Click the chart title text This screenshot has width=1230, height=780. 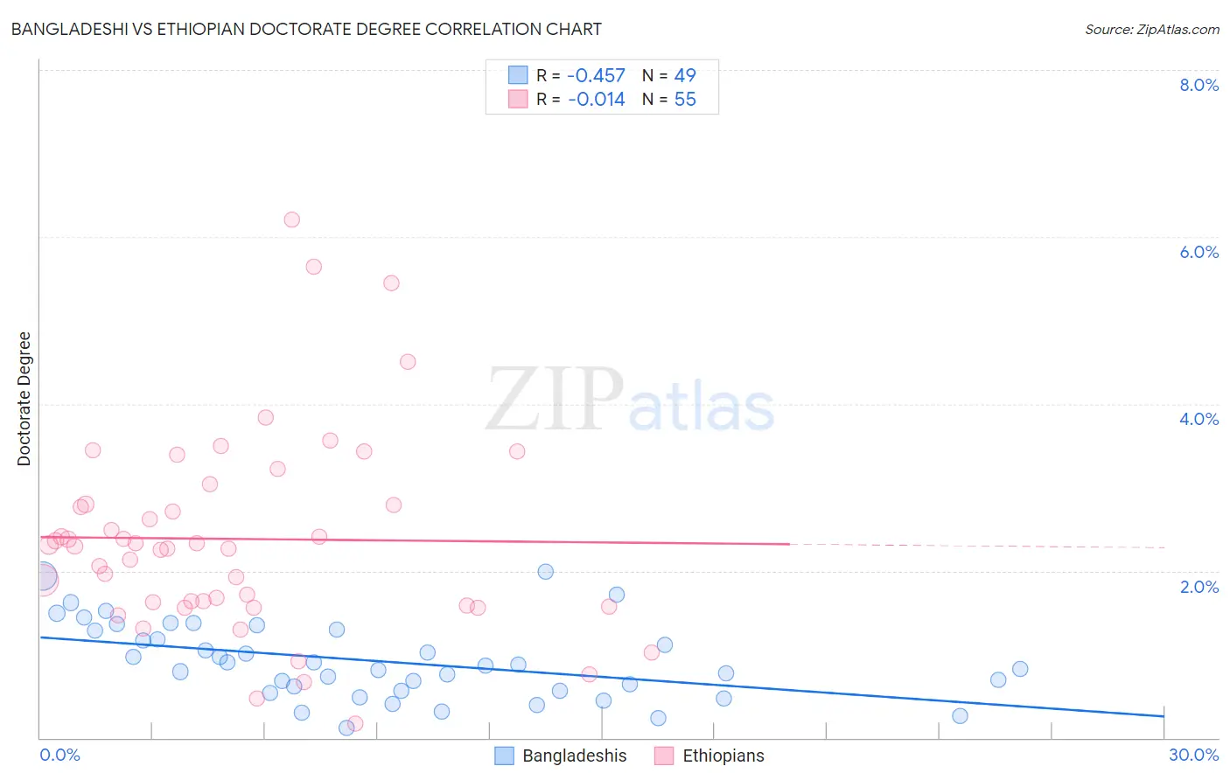click(306, 29)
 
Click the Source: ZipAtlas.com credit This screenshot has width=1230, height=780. click(1151, 29)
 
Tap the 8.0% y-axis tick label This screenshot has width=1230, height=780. click(1199, 85)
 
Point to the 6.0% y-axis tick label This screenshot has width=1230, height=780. click(1199, 252)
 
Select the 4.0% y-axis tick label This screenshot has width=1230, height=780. click(1199, 419)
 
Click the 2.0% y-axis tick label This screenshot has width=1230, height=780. click(1199, 587)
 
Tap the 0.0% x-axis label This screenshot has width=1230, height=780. click(59, 755)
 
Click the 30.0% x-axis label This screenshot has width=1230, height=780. click(1193, 755)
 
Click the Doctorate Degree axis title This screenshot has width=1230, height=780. click(24, 399)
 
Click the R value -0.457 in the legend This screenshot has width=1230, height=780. click(596, 76)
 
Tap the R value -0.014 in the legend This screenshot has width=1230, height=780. click(596, 100)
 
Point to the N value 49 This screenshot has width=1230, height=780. click(685, 76)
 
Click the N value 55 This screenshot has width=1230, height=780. click(685, 100)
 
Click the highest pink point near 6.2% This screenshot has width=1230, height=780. click(292, 219)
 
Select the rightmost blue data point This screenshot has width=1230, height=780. click(1020, 669)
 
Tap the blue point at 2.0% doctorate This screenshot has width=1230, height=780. click(546, 572)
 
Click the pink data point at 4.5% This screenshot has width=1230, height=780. click(408, 362)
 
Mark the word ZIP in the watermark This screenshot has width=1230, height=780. click(555, 400)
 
